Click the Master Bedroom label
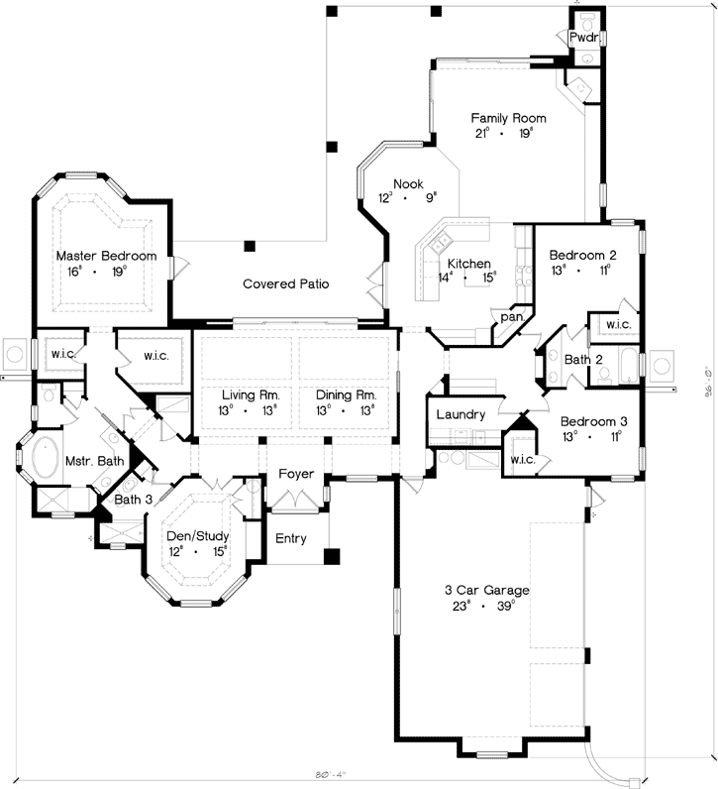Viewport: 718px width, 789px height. click(x=106, y=256)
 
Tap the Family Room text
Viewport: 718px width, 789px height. click(x=508, y=118)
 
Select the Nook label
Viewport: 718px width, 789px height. click(x=408, y=184)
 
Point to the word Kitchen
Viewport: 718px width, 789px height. click(x=468, y=264)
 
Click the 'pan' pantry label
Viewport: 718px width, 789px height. click(x=511, y=317)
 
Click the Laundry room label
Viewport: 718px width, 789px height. click(x=461, y=414)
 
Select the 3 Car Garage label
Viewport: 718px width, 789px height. click(x=480, y=591)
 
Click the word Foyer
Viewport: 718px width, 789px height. click(x=295, y=474)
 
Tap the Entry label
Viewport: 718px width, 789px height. click(x=291, y=539)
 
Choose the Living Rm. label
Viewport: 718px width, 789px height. click(x=251, y=394)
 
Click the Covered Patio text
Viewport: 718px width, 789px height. click(x=285, y=284)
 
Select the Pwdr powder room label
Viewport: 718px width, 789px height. click(x=582, y=37)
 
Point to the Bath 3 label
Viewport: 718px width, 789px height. click(x=133, y=500)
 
